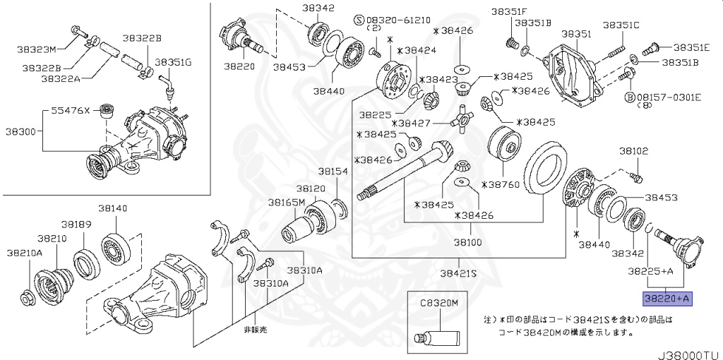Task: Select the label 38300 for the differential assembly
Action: pyautogui.click(x=21, y=131)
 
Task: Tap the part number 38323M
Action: pyautogui.click(x=36, y=49)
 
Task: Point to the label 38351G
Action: pyautogui.click(x=173, y=62)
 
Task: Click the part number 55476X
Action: pyautogui.click(x=71, y=111)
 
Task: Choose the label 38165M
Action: pyautogui.click(x=286, y=202)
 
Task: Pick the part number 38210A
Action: pyautogui.click(x=25, y=252)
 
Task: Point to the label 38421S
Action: pyautogui.click(x=458, y=273)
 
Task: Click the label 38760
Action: pyautogui.click(x=500, y=184)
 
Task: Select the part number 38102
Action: pyautogui.click(x=633, y=150)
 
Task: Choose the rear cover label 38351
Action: pyautogui.click(x=575, y=33)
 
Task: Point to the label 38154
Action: pyautogui.click(x=332, y=172)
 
